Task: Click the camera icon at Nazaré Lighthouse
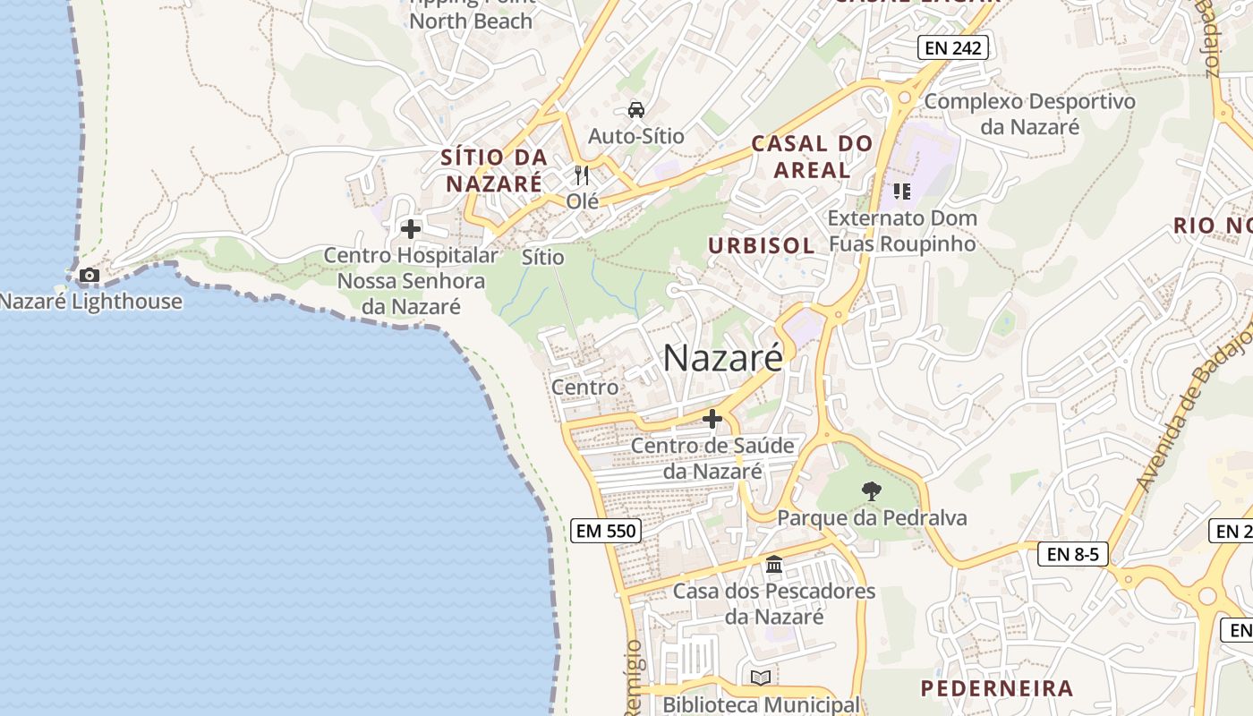[89, 275]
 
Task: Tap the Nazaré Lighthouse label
[90, 302]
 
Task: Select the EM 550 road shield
[606, 531]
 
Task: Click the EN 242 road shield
[953, 47]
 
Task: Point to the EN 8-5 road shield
[1072, 554]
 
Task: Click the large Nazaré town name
[723, 358]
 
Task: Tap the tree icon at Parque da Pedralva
[871, 490]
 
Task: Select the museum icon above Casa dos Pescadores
[774, 565]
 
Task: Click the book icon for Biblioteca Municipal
[760, 678]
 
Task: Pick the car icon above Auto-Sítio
[635, 110]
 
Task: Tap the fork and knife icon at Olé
[582, 174]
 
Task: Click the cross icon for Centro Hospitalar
[411, 229]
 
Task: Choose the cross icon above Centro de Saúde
[712, 418]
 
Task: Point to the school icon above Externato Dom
[901, 191]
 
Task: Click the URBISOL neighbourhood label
[761, 245]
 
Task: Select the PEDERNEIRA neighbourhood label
[997, 688]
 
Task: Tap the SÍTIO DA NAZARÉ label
[494, 170]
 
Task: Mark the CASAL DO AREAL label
[812, 156]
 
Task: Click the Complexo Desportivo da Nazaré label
[1029, 114]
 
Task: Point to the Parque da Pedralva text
[872, 517]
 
